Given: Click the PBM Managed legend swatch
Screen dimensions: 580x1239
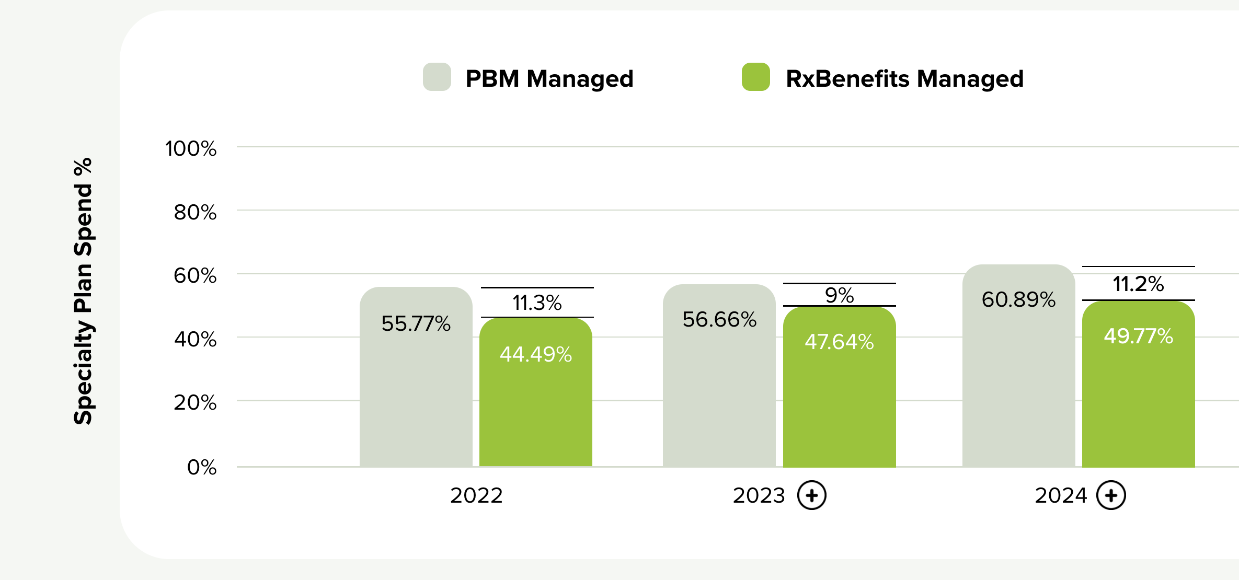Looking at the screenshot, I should point(437,77).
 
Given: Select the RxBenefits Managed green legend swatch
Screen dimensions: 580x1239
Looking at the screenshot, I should point(755,77).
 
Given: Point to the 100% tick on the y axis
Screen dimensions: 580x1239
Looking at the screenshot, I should point(191,149).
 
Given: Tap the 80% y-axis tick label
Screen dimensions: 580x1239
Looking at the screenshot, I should point(195,213).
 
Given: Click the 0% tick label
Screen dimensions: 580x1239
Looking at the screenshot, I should point(202,467).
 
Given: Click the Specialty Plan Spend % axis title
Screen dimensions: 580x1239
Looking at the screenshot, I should point(83,291).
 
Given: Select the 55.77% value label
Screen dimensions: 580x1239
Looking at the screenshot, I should point(416,323).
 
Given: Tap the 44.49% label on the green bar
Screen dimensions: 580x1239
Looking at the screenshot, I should point(536,354).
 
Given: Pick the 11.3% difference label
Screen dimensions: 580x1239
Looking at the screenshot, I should point(537,303).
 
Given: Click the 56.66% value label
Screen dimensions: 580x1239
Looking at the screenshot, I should point(719,319).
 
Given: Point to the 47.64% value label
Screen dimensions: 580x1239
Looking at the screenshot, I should point(839,342).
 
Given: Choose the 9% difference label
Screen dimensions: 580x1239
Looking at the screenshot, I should point(839,295).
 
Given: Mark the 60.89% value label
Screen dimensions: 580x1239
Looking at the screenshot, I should point(1018,299).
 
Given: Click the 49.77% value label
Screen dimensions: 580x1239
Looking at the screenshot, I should point(1138,336).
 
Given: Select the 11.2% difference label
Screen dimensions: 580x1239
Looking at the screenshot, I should point(1138,284).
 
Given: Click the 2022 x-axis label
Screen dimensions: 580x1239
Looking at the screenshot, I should point(476,495).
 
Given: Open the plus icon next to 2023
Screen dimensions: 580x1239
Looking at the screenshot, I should point(812,495).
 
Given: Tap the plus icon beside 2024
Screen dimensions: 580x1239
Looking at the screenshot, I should point(1111,495).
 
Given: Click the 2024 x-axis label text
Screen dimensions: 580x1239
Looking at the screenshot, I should point(1061,495).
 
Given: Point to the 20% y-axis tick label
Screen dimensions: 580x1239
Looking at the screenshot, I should point(195,403).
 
